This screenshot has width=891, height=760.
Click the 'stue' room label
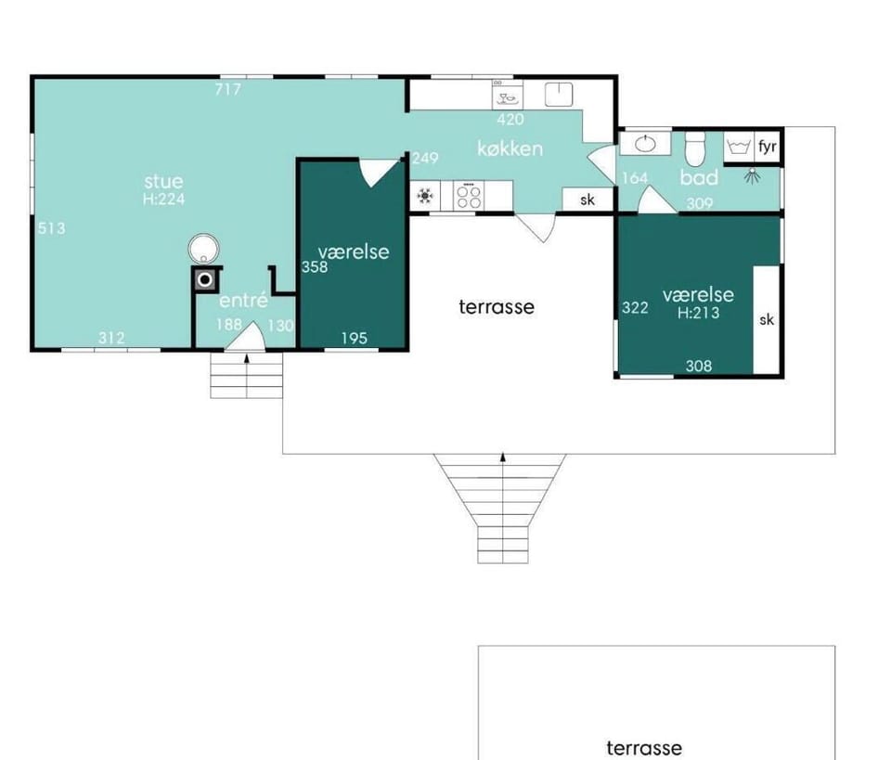(163, 181)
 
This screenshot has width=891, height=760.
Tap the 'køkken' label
(510, 148)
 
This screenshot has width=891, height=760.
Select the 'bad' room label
(699, 178)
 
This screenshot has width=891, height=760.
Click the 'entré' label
(243, 300)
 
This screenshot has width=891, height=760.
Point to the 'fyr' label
(768, 147)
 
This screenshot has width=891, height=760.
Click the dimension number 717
(228, 89)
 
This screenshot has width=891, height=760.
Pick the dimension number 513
(52, 228)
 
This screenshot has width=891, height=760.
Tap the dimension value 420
(510, 120)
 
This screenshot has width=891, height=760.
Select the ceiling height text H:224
(163, 199)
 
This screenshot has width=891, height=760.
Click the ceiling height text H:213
(698, 313)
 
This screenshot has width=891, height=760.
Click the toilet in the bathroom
(694, 148)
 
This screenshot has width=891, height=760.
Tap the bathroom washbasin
(645, 144)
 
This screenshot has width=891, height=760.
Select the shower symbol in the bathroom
(753, 175)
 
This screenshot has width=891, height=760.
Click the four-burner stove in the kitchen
(470, 196)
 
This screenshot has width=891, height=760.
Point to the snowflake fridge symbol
(424, 196)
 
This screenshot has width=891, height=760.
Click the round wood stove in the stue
(203, 249)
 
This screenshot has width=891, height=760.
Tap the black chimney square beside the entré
(205, 279)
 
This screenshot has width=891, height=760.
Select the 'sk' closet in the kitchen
(588, 200)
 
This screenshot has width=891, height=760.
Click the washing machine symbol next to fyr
(739, 148)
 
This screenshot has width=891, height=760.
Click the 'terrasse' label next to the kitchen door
(497, 307)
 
